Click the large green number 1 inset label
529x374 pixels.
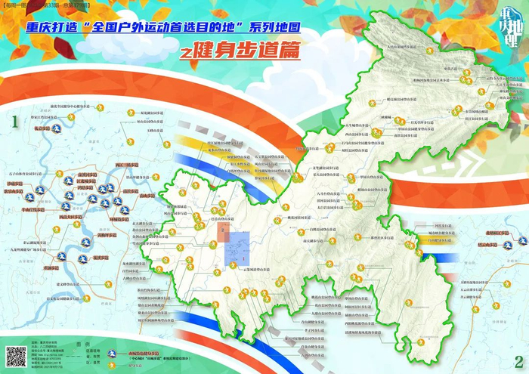(x=13, y=120)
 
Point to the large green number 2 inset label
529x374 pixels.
(x=518, y=360)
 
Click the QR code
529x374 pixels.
(x=17, y=356)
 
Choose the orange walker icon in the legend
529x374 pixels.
(x=111, y=363)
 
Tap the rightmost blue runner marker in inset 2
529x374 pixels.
(x=522, y=242)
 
